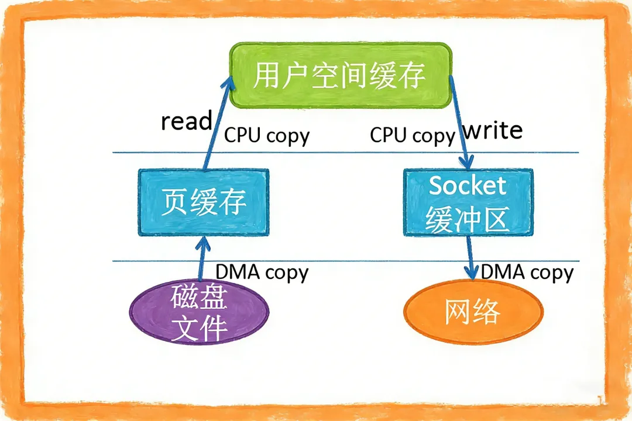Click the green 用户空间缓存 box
339,75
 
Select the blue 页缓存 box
203,202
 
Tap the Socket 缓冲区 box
468,202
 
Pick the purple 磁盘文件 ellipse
199,312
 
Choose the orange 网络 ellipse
473,312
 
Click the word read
186,122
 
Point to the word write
493,130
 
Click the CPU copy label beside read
267,136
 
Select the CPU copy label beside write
412,136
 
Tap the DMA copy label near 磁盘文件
262,272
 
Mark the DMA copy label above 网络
527,272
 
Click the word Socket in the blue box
468,186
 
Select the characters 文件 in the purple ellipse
199,328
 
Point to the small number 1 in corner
600,400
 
